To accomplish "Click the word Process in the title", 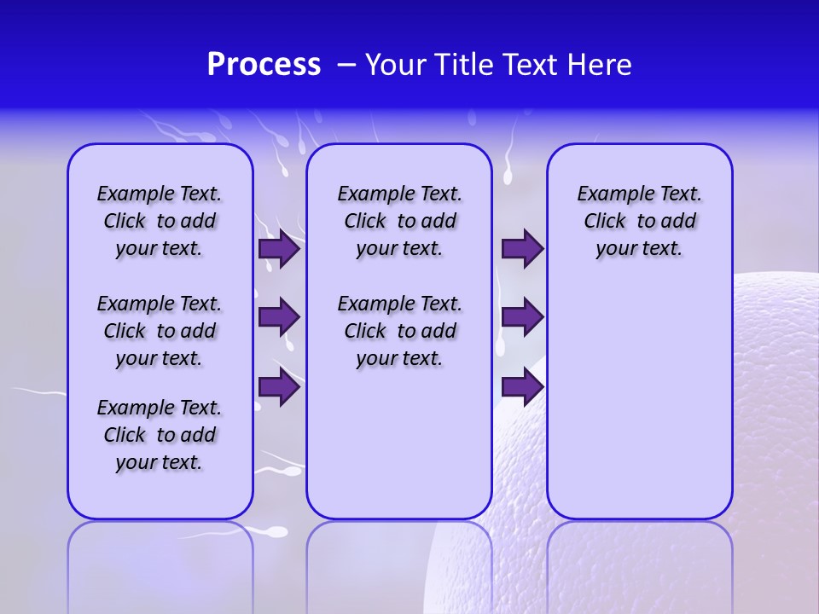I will [x=264, y=65].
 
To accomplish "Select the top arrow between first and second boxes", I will [x=279, y=249].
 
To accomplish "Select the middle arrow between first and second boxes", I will [x=279, y=317].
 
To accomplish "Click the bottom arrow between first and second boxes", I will [x=279, y=387].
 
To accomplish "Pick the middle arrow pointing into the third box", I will [x=522, y=317].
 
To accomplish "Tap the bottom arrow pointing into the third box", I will [x=522, y=387].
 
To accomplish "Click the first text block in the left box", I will [x=160, y=221].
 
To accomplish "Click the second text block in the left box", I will [x=160, y=331].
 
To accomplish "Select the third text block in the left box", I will [x=160, y=435].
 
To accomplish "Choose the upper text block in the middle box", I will [x=399, y=221].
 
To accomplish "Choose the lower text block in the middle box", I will [x=399, y=331].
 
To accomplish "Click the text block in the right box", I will [x=639, y=221].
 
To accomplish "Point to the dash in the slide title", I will [x=346, y=65].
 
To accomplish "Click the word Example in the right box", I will [x=608, y=194].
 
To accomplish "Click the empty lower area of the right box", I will [x=639, y=401].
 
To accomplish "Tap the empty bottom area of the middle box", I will [x=399, y=452].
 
